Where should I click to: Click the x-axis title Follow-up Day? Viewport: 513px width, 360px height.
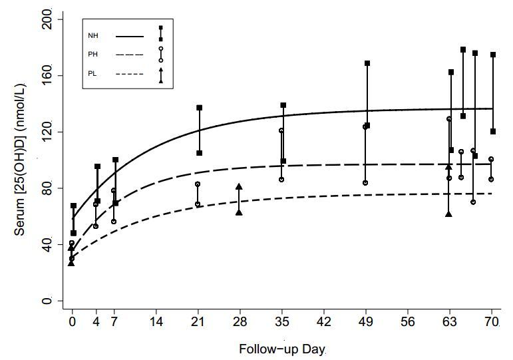point(282,348)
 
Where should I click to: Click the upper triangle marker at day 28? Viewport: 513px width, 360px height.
point(239,187)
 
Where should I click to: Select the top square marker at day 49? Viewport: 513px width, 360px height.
point(367,63)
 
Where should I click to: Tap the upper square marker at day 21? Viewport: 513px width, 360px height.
point(199,108)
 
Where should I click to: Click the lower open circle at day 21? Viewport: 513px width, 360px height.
point(198,204)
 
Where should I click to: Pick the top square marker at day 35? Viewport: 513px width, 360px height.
point(283,105)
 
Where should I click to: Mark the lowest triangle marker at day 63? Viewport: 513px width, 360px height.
point(448,214)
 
